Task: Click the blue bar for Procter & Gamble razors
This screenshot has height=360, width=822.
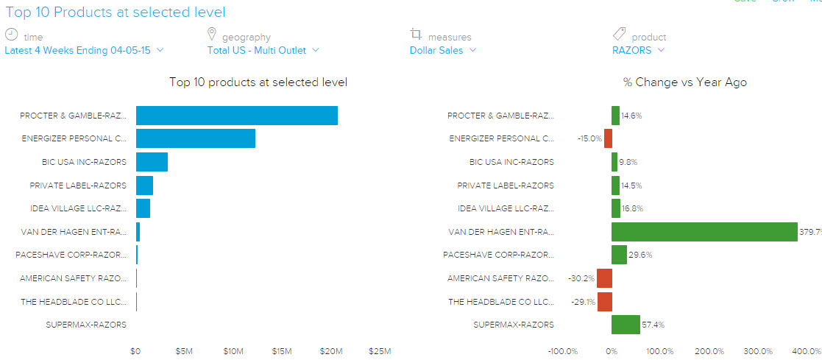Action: pyautogui.click(x=236, y=116)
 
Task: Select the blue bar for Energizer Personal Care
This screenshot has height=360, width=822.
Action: pyautogui.click(x=195, y=138)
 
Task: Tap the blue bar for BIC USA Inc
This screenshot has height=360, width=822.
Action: pyautogui.click(x=152, y=162)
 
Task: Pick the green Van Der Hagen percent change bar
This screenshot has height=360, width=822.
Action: pyautogui.click(x=704, y=232)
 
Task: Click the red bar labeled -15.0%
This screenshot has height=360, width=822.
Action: pyautogui.click(x=608, y=138)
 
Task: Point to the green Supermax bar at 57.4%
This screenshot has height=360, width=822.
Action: pyautogui.click(x=626, y=325)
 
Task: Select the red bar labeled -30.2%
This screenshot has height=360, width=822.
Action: pyautogui.click(x=604, y=278)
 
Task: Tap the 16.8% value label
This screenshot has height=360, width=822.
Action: pyautogui.click(x=633, y=209)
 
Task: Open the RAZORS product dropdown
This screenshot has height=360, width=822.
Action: pyautogui.click(x=638, y=50)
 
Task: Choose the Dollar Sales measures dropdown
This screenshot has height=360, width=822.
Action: pyautogui.click(x=442, y=50)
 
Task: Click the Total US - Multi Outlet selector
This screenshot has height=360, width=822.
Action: pyautogui.click(x=263, y=50)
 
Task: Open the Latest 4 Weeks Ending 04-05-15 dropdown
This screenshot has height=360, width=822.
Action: pyautogui.click(x=84, y=50)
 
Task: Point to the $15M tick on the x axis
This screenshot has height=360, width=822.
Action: pyautogui.click(x=282, y=351)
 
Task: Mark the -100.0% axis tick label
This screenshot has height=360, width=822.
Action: pyautogui.click(x=563, y=351)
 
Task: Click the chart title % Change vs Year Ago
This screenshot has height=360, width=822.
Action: pyautogui.click(x=684, y=82)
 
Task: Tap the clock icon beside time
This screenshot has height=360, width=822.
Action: pyautogui.click(x=11, y=35)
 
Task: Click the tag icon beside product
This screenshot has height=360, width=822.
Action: pyautogui.click(x=619, y=35)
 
